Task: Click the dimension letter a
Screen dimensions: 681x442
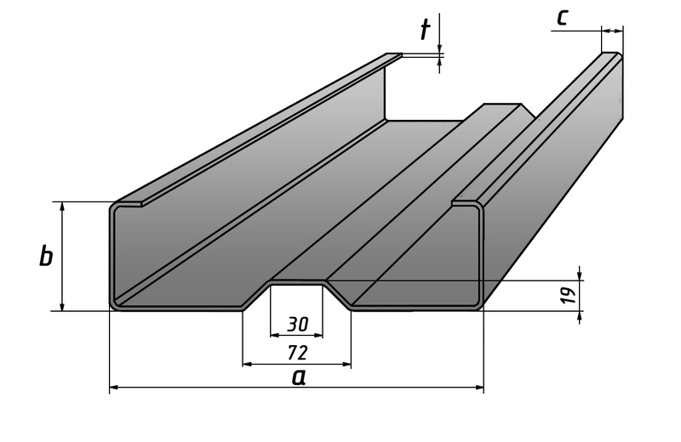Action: [299, 377]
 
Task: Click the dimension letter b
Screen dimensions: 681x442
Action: [46, 256]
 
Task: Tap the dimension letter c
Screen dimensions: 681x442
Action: [563, 18]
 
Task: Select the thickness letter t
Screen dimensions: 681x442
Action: [425, 30]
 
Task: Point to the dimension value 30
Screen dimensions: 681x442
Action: [297, 324]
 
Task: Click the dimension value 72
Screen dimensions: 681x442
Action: [298, 353]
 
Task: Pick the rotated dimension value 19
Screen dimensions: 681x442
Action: [569, 295]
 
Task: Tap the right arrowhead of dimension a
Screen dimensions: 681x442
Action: [479, 387]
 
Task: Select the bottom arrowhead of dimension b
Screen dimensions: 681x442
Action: [62, 306]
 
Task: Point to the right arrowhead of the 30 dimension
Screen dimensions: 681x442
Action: [318, 335]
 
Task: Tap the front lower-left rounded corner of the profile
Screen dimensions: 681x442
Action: [115, 305]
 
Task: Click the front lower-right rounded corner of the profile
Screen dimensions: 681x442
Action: [478, 305]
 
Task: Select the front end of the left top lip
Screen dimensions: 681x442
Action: [141, 204]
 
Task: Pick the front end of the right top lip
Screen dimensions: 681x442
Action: [454, 203]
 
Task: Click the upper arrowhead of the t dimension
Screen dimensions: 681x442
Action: [439, 48]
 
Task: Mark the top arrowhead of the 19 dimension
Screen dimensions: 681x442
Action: [580, 276]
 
